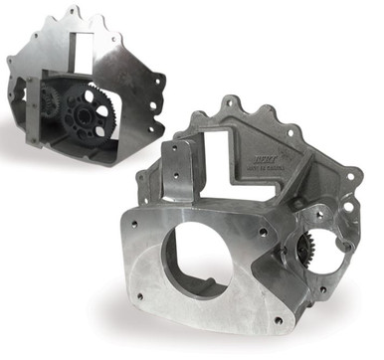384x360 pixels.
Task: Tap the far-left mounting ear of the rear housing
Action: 13,60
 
